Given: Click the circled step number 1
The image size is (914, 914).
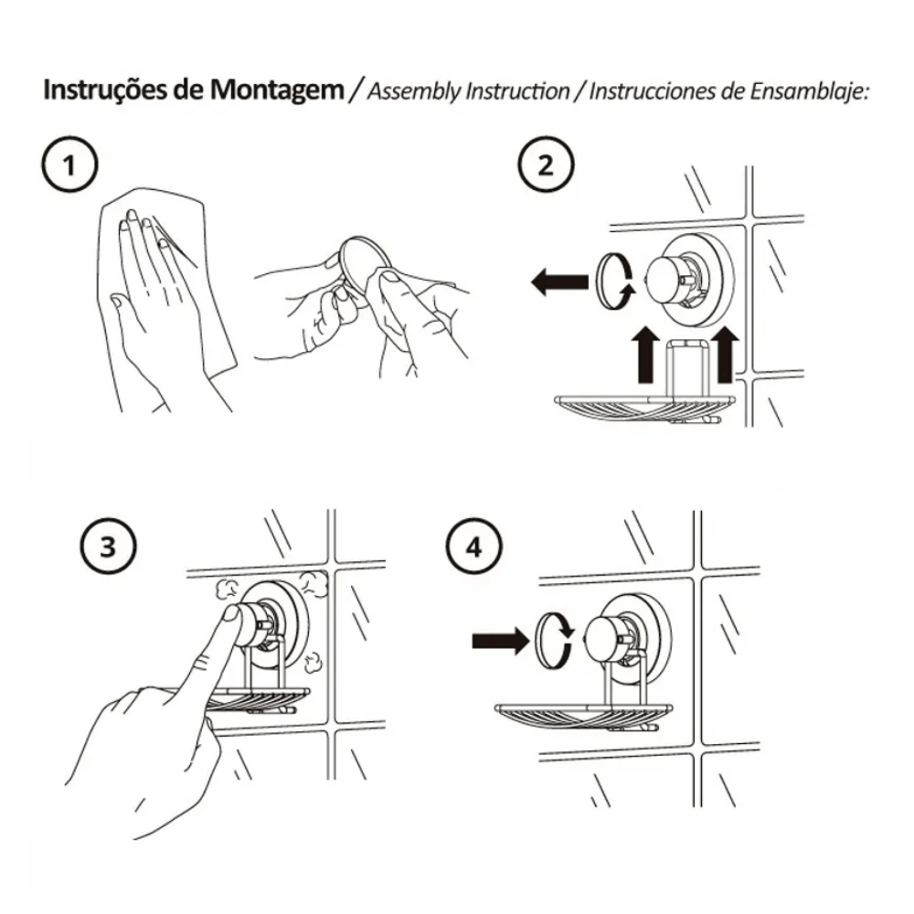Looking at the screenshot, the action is click(x=70, y=165).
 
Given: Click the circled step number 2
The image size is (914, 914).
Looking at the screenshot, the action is click(x=546, y=165).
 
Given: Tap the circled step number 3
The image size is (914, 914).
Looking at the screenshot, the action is click(x=108, y=547).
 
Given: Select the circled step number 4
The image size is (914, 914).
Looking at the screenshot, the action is click(x=473, y=547).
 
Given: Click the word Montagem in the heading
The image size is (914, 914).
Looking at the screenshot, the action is click(x=277, y=90).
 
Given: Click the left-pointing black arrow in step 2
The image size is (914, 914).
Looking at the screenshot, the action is click(x=559, y=282).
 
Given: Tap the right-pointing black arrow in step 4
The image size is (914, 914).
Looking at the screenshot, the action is click(x=501, y=642).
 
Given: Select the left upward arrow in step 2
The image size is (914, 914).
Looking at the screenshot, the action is click(x=645, y=355).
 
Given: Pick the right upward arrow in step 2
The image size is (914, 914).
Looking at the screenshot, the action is click(x=725, y=355).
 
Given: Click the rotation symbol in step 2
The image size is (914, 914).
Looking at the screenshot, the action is click(x=615, y=280).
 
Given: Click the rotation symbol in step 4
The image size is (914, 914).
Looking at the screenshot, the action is click(x=555, y=640).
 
